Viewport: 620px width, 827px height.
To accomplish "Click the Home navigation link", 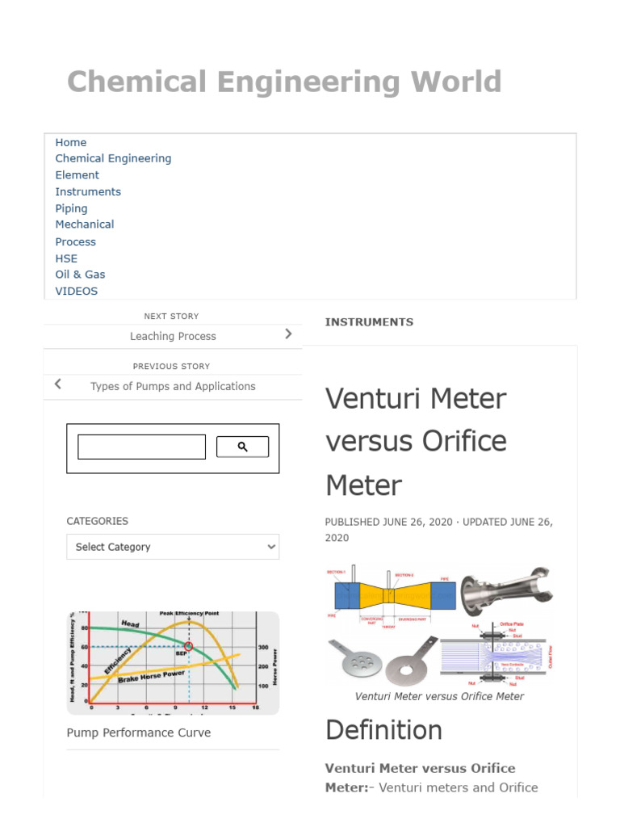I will [x=71, y=142].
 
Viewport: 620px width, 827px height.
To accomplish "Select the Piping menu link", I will [x=71, y=208].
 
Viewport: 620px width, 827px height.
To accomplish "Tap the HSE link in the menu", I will [x=66, y=258].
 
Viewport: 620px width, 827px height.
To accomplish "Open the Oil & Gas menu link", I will [x=80, y=275].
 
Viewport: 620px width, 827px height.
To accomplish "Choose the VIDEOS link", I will [x=76, y=292].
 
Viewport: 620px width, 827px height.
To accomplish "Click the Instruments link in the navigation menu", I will [x=88, y=191].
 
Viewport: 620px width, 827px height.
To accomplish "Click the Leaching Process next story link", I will [x=173, y=336].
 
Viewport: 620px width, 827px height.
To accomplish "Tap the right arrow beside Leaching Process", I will [x=288, y=334].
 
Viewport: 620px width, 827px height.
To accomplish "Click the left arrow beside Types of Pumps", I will [x=57, y=384].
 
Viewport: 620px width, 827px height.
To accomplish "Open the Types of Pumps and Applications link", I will [x=173, y=386].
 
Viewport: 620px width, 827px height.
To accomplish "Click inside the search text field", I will [x=141, y=447].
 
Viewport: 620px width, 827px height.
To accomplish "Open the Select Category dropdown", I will [x=173, y=547].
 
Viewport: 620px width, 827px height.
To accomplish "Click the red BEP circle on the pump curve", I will [x=189, y=646].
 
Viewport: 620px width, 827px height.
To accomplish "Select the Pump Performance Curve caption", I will [x=139, y=733].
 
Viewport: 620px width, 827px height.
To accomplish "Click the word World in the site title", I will [x=455, y=82].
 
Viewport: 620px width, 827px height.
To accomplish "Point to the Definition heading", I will [x=383, y=730].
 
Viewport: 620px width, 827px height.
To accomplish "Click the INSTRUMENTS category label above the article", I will [x=369, y=322].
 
